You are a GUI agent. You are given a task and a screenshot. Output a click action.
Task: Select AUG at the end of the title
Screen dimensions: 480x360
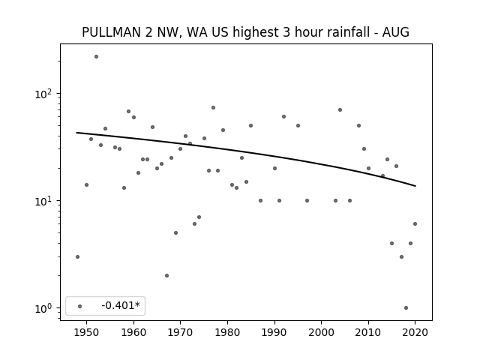click(x=396, y=32)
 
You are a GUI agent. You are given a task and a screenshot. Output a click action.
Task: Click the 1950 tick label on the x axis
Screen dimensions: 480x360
click(x=86, y=332)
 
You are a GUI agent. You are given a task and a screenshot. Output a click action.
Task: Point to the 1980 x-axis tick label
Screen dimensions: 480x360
click(x=227, y=332)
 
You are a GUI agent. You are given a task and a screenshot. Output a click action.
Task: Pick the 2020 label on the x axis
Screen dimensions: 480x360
click(x=415, y=332)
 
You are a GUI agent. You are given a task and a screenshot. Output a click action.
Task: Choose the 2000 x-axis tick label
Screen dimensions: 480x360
click(x=321, y=332)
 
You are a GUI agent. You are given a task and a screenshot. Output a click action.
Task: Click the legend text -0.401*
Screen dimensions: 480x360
click(x=121, y=305)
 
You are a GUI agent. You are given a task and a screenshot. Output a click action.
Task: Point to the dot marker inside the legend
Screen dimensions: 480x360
click(x=80, y=306)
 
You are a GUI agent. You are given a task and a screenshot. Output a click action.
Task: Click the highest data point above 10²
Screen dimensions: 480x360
click(x=97, y=57)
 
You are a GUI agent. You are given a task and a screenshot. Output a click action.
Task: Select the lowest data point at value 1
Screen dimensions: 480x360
click(x=406, y=308)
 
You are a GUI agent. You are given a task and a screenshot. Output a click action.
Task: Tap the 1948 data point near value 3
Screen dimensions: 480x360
click(x=77, y=256)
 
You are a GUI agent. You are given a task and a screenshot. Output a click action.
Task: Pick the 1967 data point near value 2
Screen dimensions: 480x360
click(x=166, y=275)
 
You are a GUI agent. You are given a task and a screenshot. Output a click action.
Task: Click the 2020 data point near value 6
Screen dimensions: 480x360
click(x=415, y=223)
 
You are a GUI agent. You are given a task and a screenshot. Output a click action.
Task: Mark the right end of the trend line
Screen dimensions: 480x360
click(x=415, y=186)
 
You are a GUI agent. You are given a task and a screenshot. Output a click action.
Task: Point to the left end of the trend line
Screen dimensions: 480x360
click(x=76, y=133)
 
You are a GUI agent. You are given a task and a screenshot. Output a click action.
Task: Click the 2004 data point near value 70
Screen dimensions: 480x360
click(x=340, y=110)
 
